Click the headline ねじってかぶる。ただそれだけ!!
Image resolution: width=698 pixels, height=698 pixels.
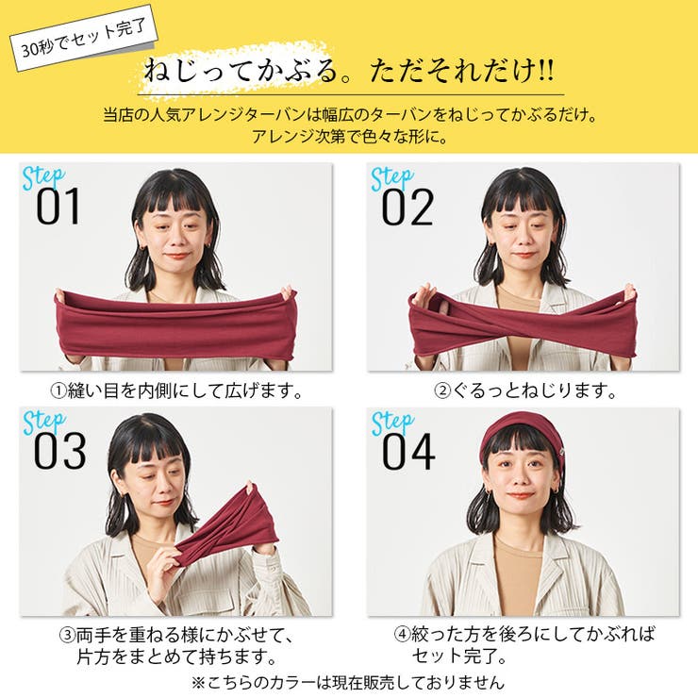(350, 72)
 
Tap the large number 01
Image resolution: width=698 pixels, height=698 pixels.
(58, 208)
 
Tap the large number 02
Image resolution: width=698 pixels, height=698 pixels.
(407, 208)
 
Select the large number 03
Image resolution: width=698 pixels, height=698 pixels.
(58, 452)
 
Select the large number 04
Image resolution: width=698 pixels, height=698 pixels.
(407, 452)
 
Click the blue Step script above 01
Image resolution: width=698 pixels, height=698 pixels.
(43, 176)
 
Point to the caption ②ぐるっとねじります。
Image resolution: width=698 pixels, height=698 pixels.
(524, 389)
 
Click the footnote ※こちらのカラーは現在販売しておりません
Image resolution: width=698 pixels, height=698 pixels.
(348, 681)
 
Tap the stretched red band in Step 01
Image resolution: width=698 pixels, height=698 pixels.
(175, 325)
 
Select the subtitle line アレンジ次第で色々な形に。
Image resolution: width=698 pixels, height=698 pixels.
(349, 137)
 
